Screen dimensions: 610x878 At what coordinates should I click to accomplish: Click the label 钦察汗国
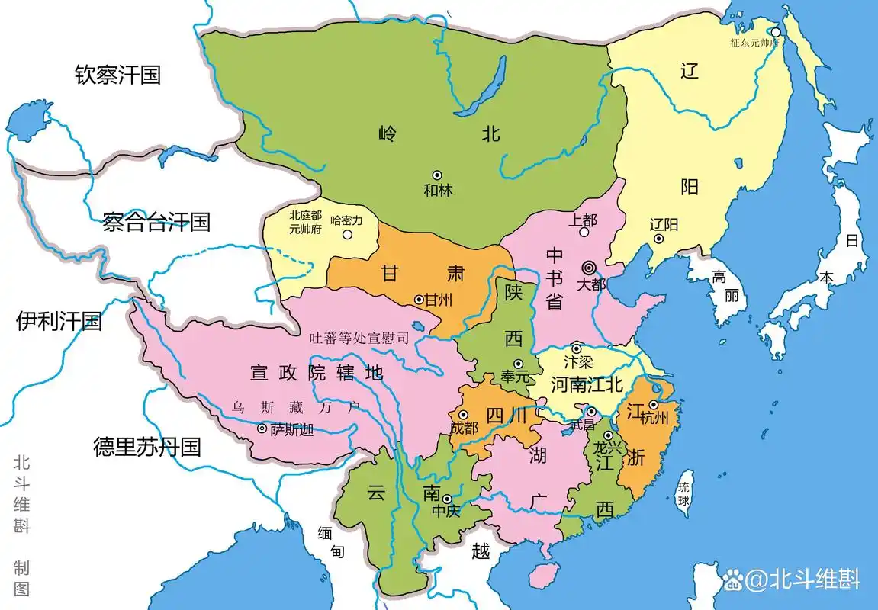click(x=117, y=75)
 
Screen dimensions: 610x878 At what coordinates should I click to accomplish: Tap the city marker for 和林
click(x=437, y=175)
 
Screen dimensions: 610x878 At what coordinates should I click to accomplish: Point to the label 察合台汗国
click(x=156, y=223)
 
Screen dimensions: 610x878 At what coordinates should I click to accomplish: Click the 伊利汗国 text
click(x=59, y=321)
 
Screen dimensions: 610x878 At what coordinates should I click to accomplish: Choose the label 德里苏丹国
click(x=146, y=446)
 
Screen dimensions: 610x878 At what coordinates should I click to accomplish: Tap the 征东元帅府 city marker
click(x=775, y=32)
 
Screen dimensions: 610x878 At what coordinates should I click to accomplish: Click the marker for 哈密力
click(x=347, y=234)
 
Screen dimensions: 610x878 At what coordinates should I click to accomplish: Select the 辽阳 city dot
click(x=659, y=239)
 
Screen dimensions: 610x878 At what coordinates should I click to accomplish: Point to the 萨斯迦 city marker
click(x=262, y=429)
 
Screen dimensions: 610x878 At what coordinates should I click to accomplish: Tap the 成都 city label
click(x=464, y=429)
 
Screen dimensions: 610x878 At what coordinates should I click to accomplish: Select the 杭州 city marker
click(x=654, y=405)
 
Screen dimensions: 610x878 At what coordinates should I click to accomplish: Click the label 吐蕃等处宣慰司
click(x=361, y=336)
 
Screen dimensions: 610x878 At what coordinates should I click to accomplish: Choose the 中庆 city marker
click(x=446, y=497)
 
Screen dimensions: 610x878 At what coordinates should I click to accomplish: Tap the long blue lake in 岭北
click(x=482, y=86)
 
